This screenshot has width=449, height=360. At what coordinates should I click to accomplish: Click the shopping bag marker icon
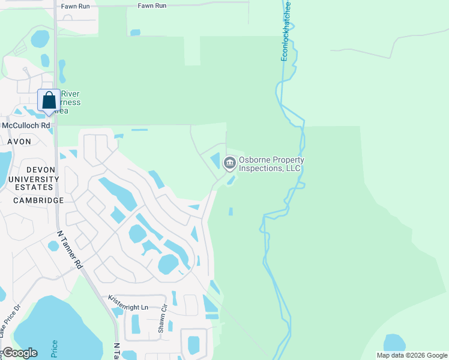(49, 101)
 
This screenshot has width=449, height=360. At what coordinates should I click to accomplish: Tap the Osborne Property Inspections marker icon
(229, 163)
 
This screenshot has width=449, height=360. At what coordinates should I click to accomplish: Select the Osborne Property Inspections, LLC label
(271, 164)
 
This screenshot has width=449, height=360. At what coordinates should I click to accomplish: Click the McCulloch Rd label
(26, 125)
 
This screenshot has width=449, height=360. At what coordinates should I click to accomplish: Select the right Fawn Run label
(152, 6)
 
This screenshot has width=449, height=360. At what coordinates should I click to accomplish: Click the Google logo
(20, 352)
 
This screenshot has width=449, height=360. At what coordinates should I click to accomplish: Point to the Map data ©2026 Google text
(412, 355)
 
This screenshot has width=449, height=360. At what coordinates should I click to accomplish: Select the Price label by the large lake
(55, 349)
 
